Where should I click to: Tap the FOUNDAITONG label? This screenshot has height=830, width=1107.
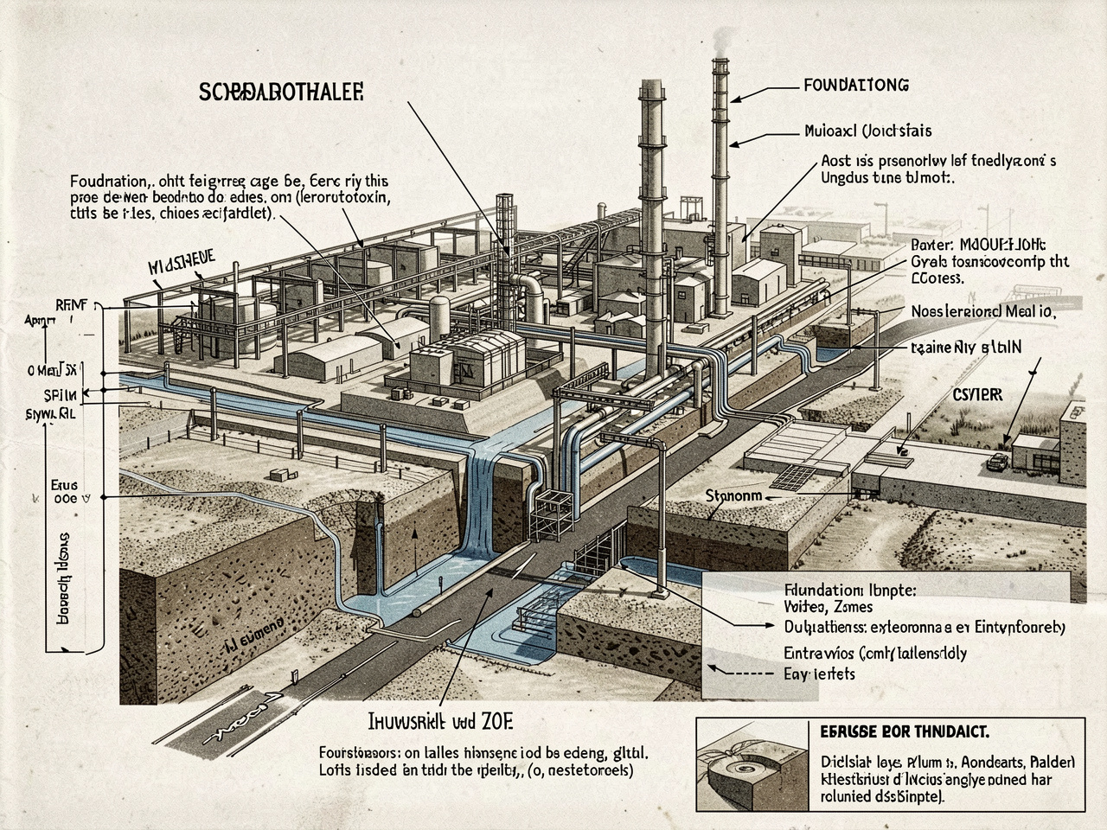coord(855,86)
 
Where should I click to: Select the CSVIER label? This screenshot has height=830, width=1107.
coord(977,394)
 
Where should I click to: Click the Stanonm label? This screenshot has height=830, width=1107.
coord(733,496)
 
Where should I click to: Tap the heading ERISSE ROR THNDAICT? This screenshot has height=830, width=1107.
coord(903,731)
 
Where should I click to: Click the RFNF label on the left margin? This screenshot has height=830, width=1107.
coord(73,304)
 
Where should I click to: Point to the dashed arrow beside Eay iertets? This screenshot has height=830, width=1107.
coord(742,670)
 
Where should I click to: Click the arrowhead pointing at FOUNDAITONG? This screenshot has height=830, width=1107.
coord(735,99)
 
